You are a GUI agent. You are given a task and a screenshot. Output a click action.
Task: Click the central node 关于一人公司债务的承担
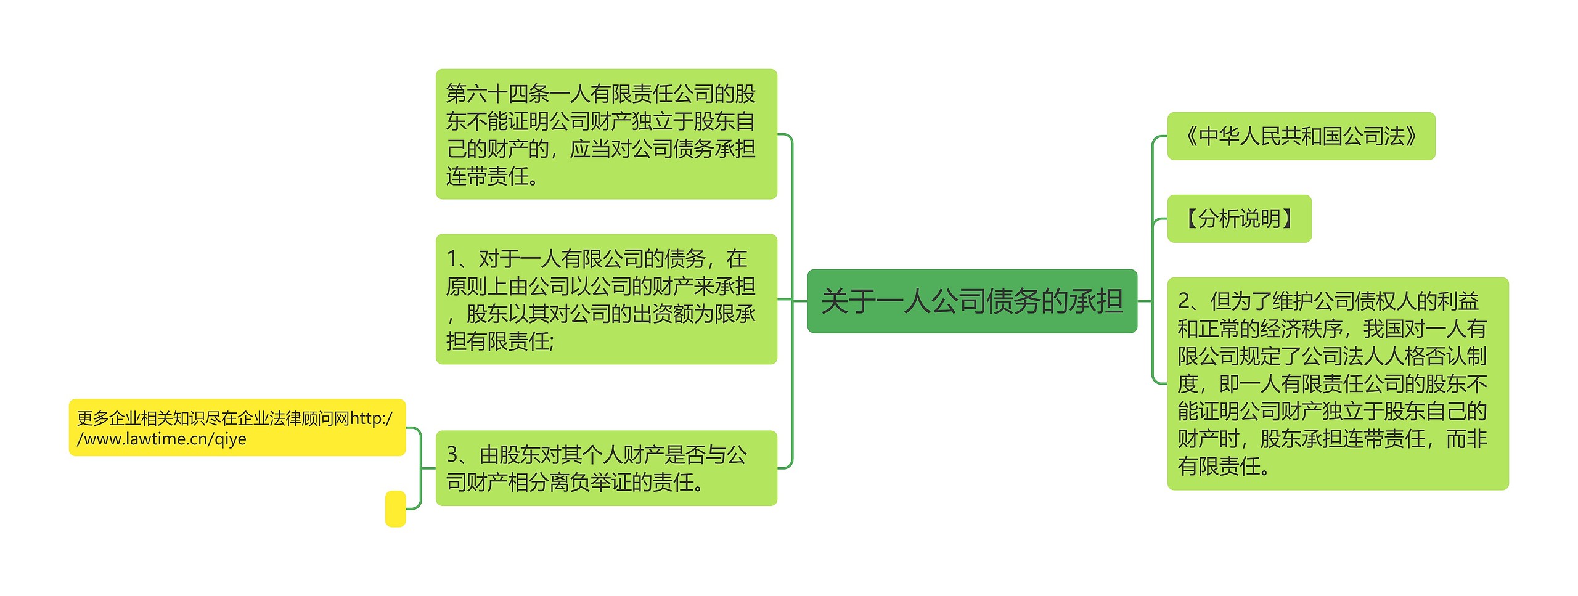click(x=971, y=301)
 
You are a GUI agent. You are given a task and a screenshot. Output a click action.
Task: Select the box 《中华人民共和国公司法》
click(x=1301, y=136)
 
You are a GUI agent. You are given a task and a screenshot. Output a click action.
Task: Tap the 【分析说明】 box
click(x=1239, y=219)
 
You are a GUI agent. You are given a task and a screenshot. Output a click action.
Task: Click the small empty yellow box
click(x=395, y=508)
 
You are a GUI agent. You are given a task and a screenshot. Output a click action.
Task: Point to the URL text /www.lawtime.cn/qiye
click(x=161, y=439)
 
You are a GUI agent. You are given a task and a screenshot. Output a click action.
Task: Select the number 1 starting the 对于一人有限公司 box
click(x=452, y=259)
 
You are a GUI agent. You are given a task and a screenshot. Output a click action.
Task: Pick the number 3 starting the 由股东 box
click(x=452, y=455)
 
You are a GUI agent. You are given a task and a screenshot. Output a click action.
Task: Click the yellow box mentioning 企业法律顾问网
click(x=237, y=428)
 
